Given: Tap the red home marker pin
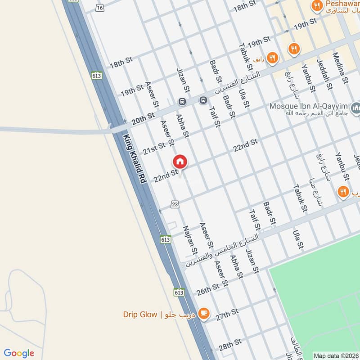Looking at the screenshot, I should (180, 162).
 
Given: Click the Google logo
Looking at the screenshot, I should (19, 353).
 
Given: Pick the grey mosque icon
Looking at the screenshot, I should (356, 108).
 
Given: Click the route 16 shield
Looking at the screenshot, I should (99, 8).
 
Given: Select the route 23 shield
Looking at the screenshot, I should (175, 205).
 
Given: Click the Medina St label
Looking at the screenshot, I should (341, 68).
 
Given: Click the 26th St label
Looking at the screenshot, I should (207, 289).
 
